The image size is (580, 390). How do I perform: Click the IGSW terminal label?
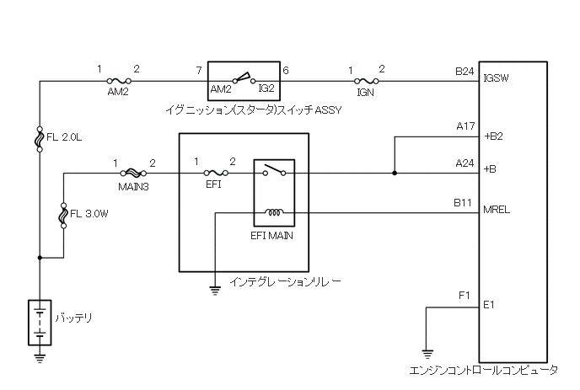tap(497, 80)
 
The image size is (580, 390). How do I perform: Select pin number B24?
tap(465, 72)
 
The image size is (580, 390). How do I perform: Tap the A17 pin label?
tap(465, 126)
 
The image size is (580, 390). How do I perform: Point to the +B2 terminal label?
tap(493, 136)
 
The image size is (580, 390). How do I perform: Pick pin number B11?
tap(465, 202)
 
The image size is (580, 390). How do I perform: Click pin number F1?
tap(464, 296)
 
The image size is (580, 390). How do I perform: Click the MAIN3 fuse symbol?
tap(133, 175)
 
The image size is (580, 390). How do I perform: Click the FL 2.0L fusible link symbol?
tap(40, 138)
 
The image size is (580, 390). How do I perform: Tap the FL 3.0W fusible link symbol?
tap(64, 216)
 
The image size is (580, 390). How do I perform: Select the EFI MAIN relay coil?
tap(275, 212)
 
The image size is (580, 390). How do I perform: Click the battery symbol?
tap(40, 321)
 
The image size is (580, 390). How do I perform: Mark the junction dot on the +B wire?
tap(395, 175)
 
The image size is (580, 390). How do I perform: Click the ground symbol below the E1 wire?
tap(427, 354)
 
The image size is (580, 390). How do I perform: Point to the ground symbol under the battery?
tap(40, 356)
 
